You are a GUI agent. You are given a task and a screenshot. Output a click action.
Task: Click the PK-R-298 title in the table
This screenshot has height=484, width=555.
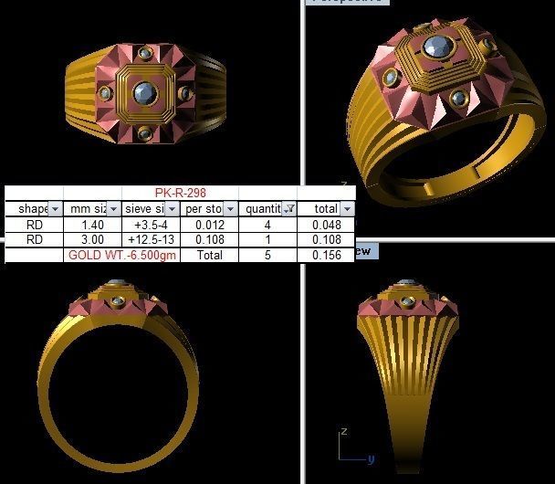[180, 194]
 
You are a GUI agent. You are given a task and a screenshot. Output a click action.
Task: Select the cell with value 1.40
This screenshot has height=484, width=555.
[91, 225]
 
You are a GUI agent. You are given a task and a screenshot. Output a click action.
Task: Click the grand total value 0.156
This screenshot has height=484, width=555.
[326, 256]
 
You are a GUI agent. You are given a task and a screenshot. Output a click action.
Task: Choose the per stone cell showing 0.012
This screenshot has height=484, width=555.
[208, 225]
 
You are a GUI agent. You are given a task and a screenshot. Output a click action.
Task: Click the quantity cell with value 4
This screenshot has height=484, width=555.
[267, 225]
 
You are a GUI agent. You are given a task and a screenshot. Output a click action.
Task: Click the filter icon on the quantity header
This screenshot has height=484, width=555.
[289, 209]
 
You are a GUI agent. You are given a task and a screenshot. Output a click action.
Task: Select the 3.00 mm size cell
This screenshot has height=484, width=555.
[91, 240]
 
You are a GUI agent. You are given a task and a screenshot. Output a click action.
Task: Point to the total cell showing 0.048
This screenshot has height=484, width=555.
[326, 225]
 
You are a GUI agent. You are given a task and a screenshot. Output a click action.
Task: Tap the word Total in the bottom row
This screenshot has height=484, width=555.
[208, 256]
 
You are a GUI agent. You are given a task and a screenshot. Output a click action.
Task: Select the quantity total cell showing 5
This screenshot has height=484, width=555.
[267, 256]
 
